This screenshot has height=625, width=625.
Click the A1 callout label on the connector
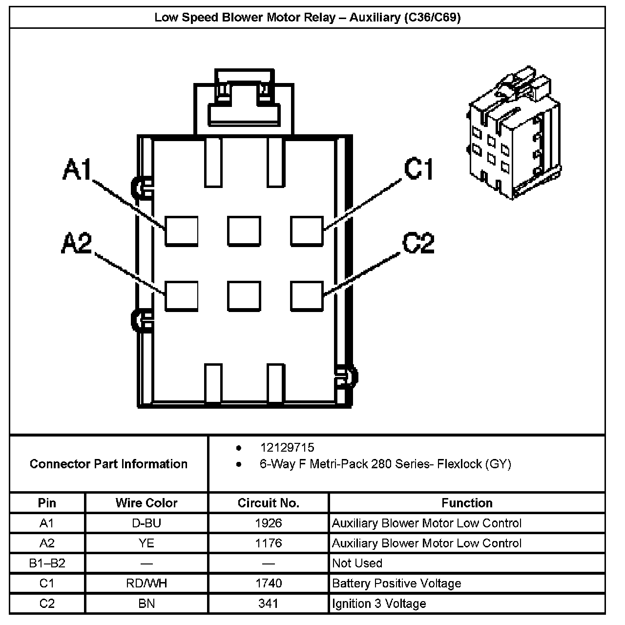pos(78,170)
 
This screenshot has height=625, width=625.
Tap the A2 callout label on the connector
pos(77,243)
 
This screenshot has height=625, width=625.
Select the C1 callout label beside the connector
pos(418,169)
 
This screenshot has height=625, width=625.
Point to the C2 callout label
pos(418,243)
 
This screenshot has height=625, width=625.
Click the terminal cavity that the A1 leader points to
pos(181,230)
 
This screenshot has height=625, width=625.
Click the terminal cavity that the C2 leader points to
pos(307,296)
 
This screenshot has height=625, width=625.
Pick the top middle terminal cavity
pos(244,230)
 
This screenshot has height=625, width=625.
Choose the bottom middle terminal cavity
pos(244,296)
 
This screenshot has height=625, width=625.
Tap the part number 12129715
pos(287,448)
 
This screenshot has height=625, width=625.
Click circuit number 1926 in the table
pos(269,523)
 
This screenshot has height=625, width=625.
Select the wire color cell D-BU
pos(146,523)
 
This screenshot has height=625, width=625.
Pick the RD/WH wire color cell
pos(146,583)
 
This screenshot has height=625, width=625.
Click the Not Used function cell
pos(357,563)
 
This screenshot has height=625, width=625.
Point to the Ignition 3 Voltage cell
pos(379,604)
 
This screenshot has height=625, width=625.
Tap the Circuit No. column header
pos(269,503)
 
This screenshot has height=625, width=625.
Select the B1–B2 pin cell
pos(47,563)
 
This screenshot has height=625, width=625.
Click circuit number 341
pos(269,604)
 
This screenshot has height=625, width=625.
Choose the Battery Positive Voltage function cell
pos(396,583)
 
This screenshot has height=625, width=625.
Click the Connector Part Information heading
pos(108,464)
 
